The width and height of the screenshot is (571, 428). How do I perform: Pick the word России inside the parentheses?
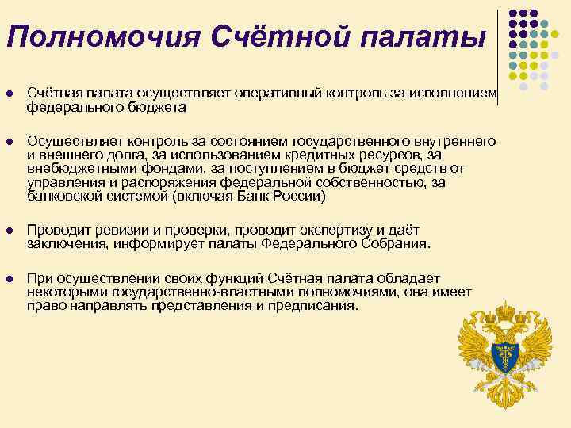298,197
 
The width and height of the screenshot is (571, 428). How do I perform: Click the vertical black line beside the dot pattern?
499,48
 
